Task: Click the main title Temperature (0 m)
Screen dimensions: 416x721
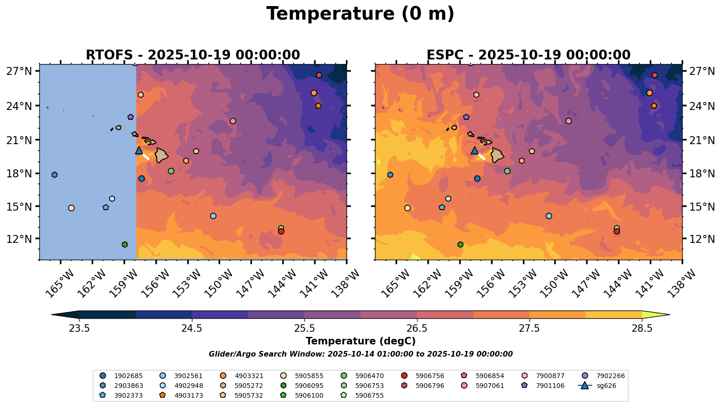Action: click(360, 14)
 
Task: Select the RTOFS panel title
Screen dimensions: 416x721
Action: click(192, 55)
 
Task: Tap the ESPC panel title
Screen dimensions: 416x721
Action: click(528, 55)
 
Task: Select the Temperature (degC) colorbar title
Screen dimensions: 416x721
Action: click(360, 341)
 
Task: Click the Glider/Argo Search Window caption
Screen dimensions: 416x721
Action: click(360, 354)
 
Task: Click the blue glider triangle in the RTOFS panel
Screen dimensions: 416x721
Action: click(139, 151)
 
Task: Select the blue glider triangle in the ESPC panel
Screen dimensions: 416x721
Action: click(474, 151)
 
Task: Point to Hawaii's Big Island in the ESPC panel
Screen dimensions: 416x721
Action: click(498, 155)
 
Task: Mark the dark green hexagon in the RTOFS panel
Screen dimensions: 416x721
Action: click(125, 244)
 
